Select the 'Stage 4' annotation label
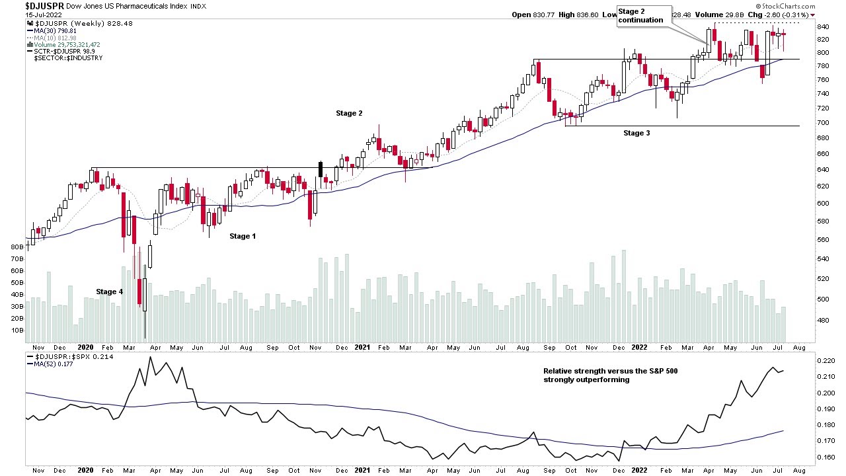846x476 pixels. (109, 292)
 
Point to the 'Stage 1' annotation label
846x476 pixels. (243, 236)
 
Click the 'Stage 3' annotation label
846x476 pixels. (636, 133)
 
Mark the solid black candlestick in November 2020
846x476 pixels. (321, 169)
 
